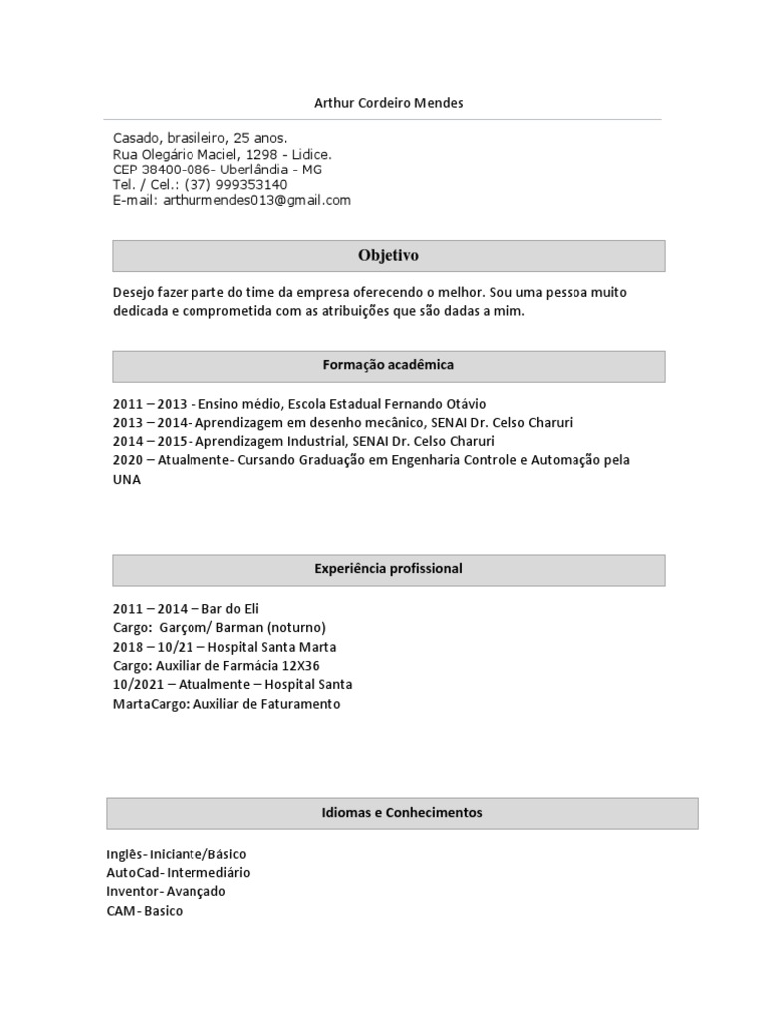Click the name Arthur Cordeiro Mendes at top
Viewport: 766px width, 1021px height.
click(x=388, y=103)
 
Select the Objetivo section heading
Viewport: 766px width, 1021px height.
click(x=388, y=256)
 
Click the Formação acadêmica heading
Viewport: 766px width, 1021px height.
click(x=388, y=365)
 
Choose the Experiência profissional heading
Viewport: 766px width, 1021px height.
click(x=388, y=569)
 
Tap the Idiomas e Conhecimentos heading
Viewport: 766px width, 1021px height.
click(x=402, y=813)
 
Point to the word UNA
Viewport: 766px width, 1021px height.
click(x=127, y=479)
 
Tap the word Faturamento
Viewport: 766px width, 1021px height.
click(x=296, y=704)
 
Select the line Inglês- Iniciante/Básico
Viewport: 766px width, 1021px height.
click(x=177, y=854)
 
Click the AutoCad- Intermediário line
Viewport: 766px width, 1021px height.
click(x=179, y=873)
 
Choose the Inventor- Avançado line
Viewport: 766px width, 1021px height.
click(x=166, y=892)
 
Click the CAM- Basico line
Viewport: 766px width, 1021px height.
click(x=145, y=911)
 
